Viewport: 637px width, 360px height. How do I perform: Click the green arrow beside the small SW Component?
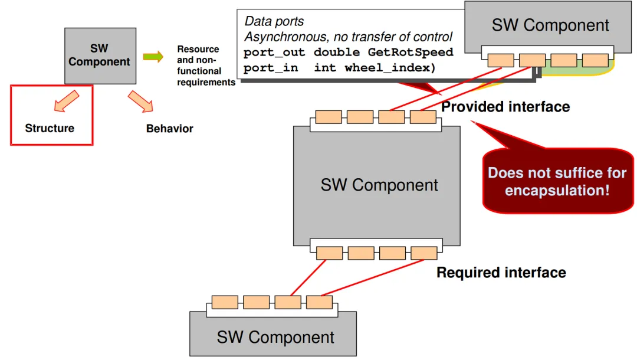pyautogui.click(x=153, y=57)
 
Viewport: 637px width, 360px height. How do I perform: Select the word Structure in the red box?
pyautogui.click(x=50, y=129)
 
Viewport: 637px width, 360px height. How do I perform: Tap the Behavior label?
pyautogui.click(x=169, y=129)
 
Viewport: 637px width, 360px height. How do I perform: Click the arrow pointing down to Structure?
pyautogui.click(x=66, y=101)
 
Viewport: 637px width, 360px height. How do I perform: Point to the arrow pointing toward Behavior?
pyautogui.click(x=140, y=101)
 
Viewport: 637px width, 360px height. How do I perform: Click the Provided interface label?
pyautogui.click(x=505, y=107)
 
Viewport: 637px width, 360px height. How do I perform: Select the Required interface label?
pyautogui.click(x=501, y=272)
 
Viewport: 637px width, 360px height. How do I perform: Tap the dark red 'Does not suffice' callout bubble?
pyautogui.click(x=558, y=181)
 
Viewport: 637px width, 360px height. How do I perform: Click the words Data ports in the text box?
pyautogui.click(x=274, y=21)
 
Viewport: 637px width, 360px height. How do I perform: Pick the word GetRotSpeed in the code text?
pyautogui.click(x=411, y=52)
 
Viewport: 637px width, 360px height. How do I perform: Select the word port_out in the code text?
pyautogui.click(x=274, y=53)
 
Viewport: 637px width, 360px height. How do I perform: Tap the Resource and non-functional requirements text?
pyautogui.click(x=206, y=66)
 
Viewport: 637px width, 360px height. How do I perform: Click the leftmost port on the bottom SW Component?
pyautogui.click(x=225, y=302)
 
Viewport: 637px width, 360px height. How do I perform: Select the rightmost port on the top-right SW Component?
pyautogui.click(x=595, y=60)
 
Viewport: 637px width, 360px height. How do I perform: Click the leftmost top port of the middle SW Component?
pyautogui.click(x=329, y=117)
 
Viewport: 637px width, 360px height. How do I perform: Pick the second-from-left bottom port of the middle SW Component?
pyautogui.click(x=361, y=253)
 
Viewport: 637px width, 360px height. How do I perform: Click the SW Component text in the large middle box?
pyautogui.click(x=379, y=185)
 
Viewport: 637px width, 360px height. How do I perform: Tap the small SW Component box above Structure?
pyautogui.click(x=100, y=56)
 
